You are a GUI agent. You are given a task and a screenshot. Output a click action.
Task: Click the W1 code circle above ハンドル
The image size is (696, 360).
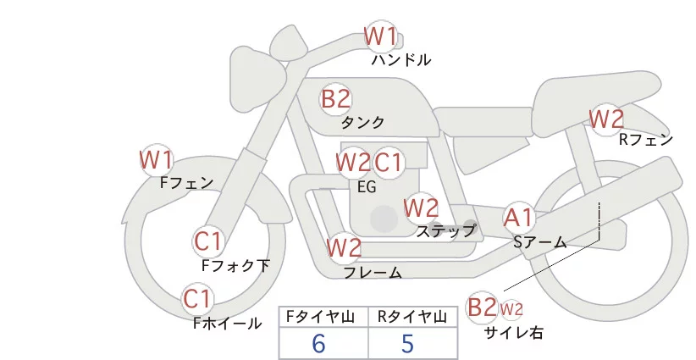click(380, 36)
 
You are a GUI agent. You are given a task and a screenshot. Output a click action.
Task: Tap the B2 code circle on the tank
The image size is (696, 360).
click(335, 99)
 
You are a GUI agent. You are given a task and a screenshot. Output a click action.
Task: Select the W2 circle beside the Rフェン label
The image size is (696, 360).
click(606, 119)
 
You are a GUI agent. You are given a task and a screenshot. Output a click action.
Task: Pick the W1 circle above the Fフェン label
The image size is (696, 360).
click(157, 159)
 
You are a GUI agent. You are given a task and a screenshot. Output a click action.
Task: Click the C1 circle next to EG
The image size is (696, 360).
click(389, 162)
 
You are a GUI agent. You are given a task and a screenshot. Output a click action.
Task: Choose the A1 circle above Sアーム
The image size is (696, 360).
click(519, 219)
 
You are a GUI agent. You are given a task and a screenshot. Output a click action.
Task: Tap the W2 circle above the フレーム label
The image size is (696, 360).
click(345, 248)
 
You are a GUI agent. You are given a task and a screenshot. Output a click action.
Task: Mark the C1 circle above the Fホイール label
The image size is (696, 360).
click(199, 299)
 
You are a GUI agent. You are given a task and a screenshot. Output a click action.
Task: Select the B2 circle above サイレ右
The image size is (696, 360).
click(483, 307)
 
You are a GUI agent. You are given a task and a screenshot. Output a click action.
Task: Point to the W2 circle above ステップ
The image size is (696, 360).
click(421, 207)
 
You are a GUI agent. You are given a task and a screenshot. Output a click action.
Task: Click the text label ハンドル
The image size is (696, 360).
click(401, 60)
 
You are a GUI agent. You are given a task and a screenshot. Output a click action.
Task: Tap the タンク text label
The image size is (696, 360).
click(363, 122)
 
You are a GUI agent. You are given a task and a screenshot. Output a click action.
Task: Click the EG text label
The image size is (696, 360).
click(367, 187)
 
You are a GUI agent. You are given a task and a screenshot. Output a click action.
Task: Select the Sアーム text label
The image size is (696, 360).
click(539, 242)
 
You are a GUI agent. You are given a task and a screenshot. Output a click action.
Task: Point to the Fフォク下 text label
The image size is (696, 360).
click(235, 265)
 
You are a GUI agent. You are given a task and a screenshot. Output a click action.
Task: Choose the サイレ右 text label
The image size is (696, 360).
click(513, 333)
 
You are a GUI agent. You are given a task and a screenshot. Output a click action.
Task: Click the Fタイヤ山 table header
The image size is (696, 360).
click(323, 317)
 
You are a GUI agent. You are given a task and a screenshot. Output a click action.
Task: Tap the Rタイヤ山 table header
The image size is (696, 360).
click(414, 317)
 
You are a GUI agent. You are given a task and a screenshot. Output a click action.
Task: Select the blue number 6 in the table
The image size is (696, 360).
click(318, 343)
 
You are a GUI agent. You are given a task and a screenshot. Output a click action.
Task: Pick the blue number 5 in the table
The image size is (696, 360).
click(408, 343)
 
